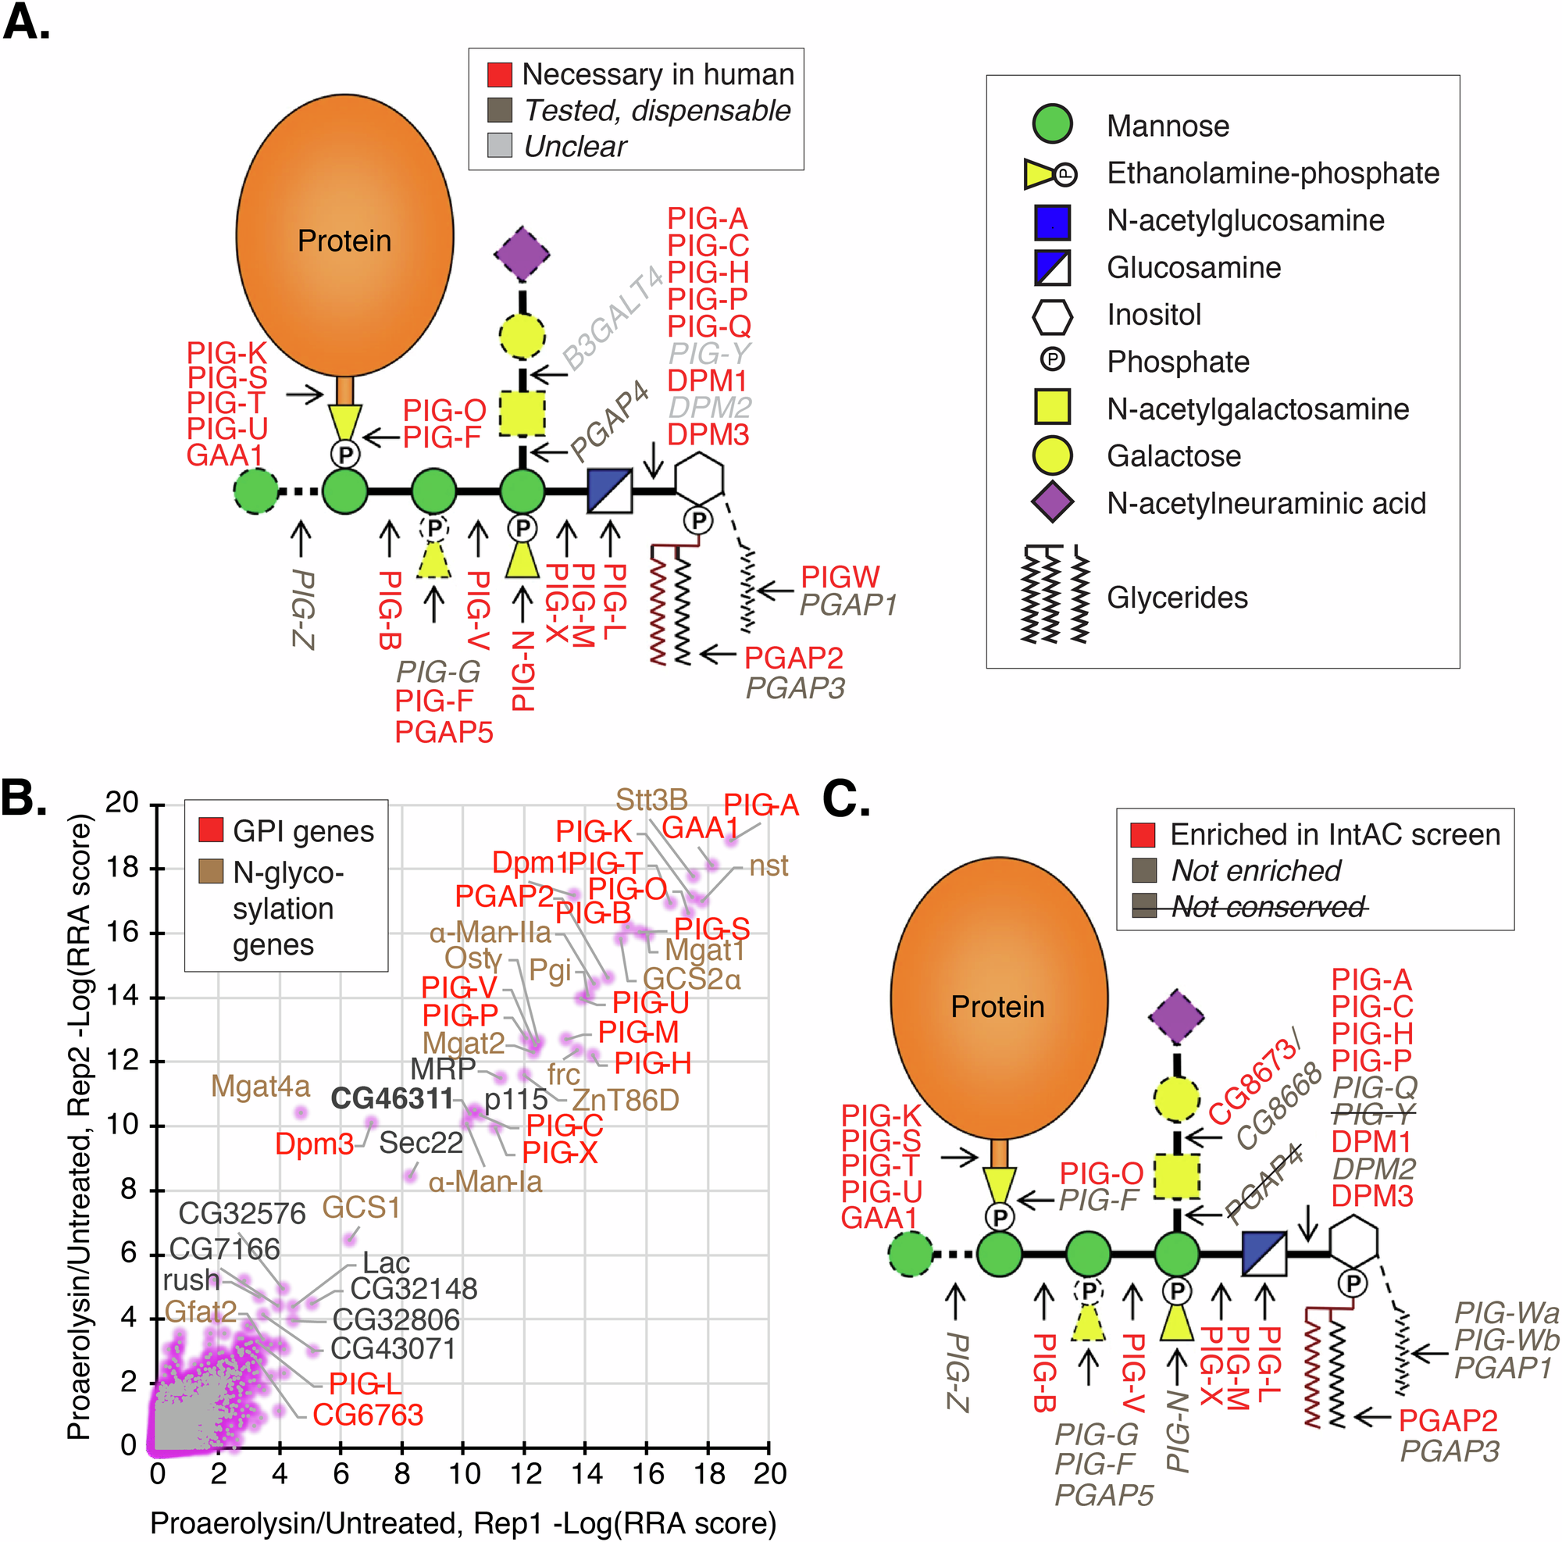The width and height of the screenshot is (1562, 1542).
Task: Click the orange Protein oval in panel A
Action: point(344,234)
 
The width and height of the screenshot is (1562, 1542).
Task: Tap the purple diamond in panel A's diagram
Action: point(522,254)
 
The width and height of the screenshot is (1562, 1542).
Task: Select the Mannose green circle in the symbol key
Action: point(1052,125)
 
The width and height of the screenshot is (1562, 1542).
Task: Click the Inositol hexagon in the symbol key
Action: point(1052,315)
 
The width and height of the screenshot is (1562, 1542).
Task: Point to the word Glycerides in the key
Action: point(1176,598)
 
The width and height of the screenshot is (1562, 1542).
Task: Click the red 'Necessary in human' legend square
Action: point(500,74)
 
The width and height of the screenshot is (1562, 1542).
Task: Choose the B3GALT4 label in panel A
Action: point(612,319)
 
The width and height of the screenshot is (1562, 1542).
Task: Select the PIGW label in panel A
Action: point(840,577)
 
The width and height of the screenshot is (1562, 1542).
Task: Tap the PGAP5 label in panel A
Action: point(443,732)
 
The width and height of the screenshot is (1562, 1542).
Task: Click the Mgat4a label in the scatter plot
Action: point(259,1086)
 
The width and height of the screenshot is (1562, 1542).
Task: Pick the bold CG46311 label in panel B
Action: point(392,1098)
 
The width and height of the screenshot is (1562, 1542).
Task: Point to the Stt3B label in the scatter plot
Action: point(651,800)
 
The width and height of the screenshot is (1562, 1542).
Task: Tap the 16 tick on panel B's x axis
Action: point(647,1472)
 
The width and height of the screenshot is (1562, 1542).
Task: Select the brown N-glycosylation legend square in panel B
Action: point(211,872)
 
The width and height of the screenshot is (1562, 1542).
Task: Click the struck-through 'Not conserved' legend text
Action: point(1268,906)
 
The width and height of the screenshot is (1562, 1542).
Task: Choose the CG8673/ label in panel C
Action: point(1254,1080)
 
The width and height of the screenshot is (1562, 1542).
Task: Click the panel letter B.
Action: point(23,799)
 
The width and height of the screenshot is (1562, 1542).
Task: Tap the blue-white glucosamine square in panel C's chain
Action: point(1263,1253)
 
